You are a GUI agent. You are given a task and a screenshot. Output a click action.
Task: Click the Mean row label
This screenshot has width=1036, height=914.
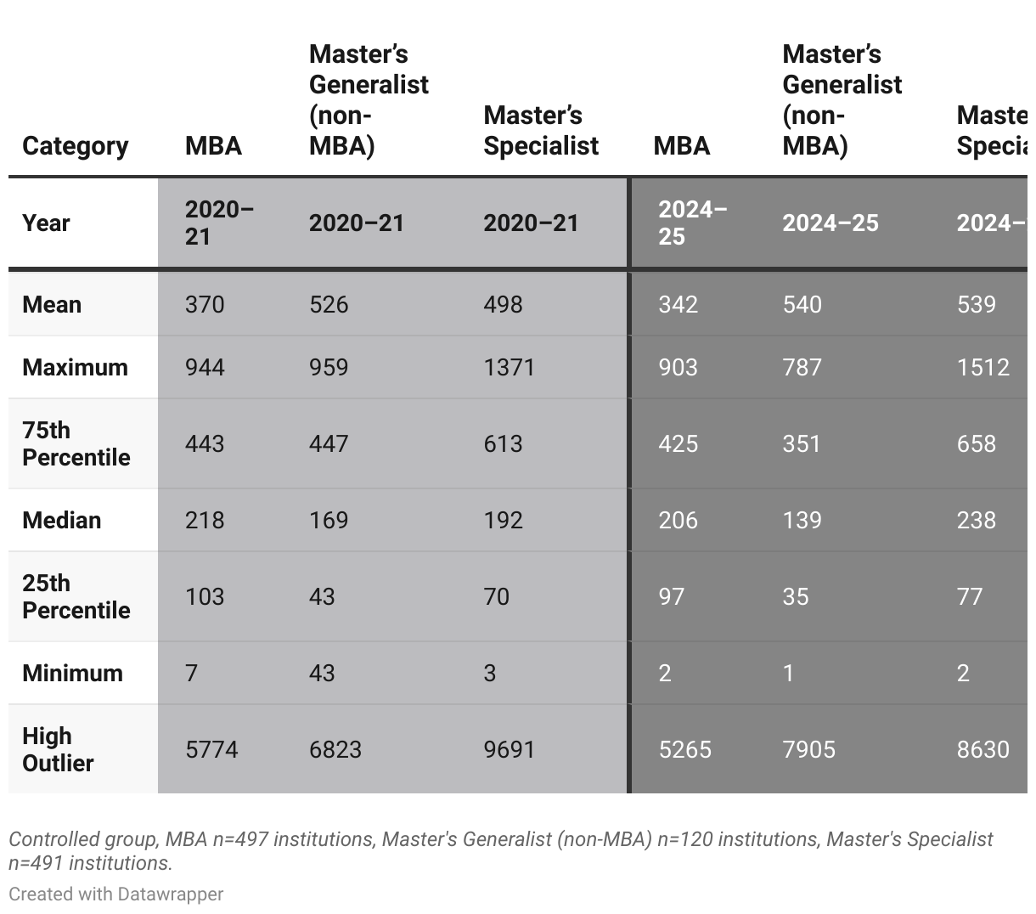(52, 304)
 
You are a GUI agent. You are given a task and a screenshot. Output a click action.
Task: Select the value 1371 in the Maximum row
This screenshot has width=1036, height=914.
(509, 367)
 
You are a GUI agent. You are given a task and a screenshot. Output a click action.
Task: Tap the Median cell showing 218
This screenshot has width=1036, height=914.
(205, 520)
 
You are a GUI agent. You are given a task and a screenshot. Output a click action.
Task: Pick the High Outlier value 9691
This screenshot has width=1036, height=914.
(509, 749)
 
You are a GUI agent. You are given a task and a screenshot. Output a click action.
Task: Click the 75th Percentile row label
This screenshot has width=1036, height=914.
(76, 443)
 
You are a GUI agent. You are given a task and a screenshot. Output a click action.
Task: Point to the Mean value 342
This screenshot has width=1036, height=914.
(678, 304)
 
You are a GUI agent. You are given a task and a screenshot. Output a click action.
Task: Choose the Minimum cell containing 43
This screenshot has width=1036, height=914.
(322, 673)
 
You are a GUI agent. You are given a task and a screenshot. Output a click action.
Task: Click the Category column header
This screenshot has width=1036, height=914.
(75, 146)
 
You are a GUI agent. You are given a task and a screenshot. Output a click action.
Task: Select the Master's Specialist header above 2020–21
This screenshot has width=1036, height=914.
(541, 131)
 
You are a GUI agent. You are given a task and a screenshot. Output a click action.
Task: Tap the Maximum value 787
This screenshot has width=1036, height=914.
(802, 367)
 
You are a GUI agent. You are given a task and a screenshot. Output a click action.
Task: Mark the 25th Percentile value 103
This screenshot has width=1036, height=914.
(205, 596)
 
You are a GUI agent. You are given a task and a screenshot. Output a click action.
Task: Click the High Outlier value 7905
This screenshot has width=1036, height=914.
(808, 749)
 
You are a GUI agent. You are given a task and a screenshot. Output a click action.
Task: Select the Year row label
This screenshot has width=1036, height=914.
(46, 223)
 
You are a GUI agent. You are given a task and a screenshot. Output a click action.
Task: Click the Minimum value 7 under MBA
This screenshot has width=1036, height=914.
(191, 673)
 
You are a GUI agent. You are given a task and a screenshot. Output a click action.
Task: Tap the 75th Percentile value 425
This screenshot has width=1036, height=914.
(678, 443)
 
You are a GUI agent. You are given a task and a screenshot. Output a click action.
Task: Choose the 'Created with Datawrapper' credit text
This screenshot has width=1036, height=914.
(116, 894)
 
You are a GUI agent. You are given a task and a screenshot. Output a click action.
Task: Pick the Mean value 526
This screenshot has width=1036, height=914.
(329, 304)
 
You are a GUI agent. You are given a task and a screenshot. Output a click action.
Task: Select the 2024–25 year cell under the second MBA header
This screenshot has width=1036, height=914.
(692, 223)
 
